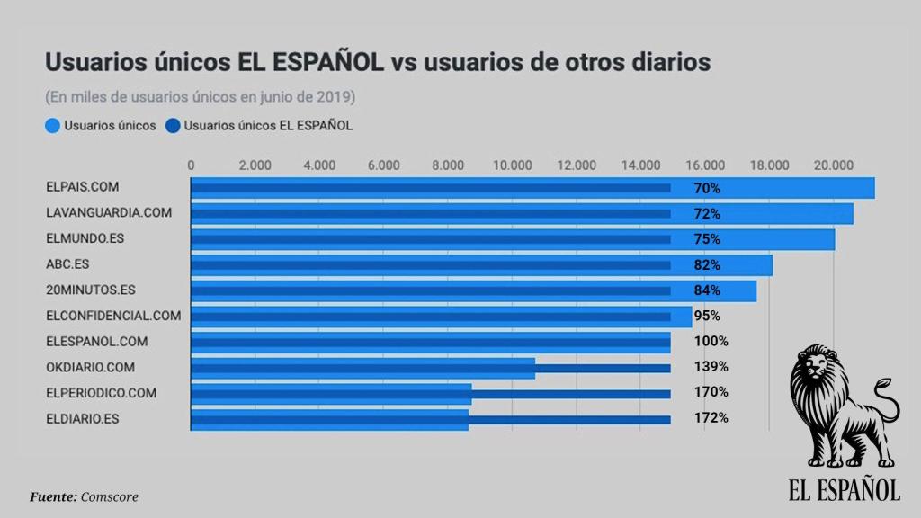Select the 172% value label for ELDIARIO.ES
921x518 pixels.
click(711, 418)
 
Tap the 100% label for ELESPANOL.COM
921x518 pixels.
click(711, 342)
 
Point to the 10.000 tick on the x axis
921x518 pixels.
click(512, 165)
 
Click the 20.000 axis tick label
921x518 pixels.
click(833, 165)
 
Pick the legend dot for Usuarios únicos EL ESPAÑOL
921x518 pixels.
click(172, 126)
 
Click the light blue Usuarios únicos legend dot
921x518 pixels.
click(52, 126)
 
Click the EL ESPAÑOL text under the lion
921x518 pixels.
click(844, 489)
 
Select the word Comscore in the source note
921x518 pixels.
click(110, 496)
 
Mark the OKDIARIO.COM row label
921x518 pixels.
click(90, 367)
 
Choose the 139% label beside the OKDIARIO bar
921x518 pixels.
click(711, 367)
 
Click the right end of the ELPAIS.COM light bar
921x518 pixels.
click(872, 188)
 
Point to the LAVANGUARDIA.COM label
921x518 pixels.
click(108, 213)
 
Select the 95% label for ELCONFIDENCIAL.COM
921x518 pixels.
click(708, 316)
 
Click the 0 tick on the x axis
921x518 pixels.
click(191, 165)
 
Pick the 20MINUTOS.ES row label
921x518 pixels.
click(90, 290)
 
